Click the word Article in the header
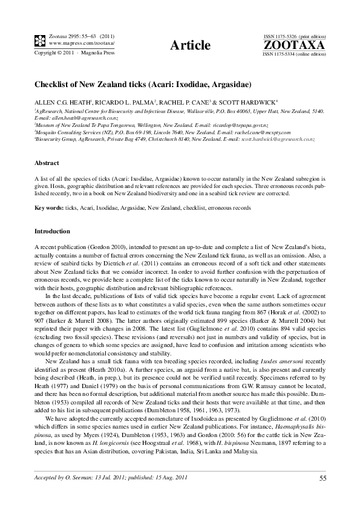pos(191,45)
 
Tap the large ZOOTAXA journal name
pos(293,45)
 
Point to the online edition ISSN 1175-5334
pos(294,54)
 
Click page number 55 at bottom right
pos(322,479)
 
